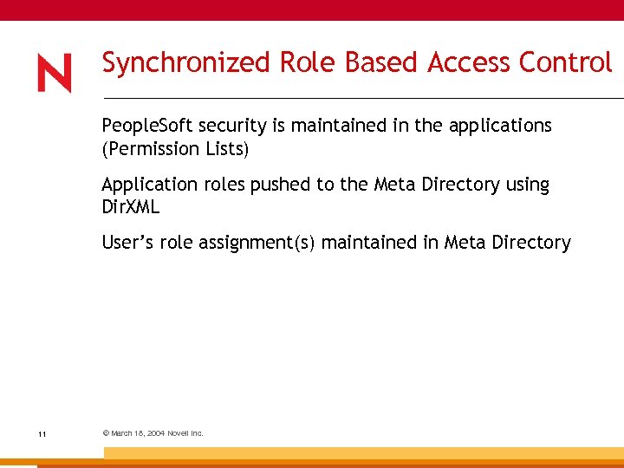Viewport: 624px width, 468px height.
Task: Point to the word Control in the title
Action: [x=566, y=62]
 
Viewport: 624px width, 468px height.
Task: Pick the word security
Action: [x=207, y=126]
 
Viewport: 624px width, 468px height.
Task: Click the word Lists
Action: [x=227, y=149]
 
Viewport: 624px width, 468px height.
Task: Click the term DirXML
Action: [x=131, y=208]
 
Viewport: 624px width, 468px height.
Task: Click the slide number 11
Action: [x=42, y=434]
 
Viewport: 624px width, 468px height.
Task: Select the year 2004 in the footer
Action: [x=157, y=433]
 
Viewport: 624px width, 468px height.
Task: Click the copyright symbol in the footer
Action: [x=106, y=433]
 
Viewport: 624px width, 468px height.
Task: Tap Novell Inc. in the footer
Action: [x=186, y=433]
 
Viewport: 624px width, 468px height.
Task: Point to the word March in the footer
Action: [x=120, y=433]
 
